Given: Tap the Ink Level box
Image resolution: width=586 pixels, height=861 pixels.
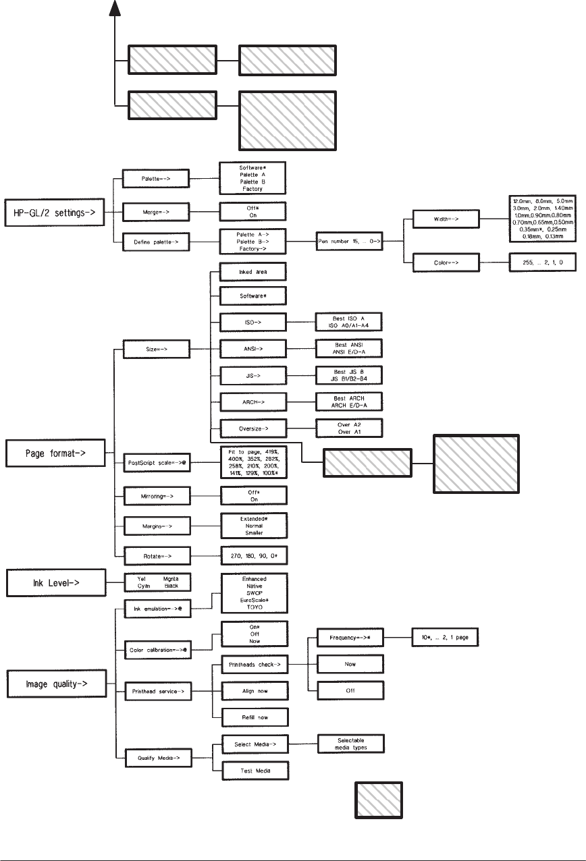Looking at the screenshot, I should (x=55, y=582).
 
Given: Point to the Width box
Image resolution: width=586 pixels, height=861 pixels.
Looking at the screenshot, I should (x=448, y=219).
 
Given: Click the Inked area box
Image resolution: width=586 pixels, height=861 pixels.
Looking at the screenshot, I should (x=254, y=272).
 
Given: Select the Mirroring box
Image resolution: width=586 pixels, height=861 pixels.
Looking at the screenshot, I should (x=157, y=495).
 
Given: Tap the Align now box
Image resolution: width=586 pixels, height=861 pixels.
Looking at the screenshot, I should (x=254, y=691).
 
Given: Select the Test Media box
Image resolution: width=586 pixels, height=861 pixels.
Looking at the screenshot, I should (x=254, y=770).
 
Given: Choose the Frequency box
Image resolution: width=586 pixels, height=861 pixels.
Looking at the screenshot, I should (x=350, y=638).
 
